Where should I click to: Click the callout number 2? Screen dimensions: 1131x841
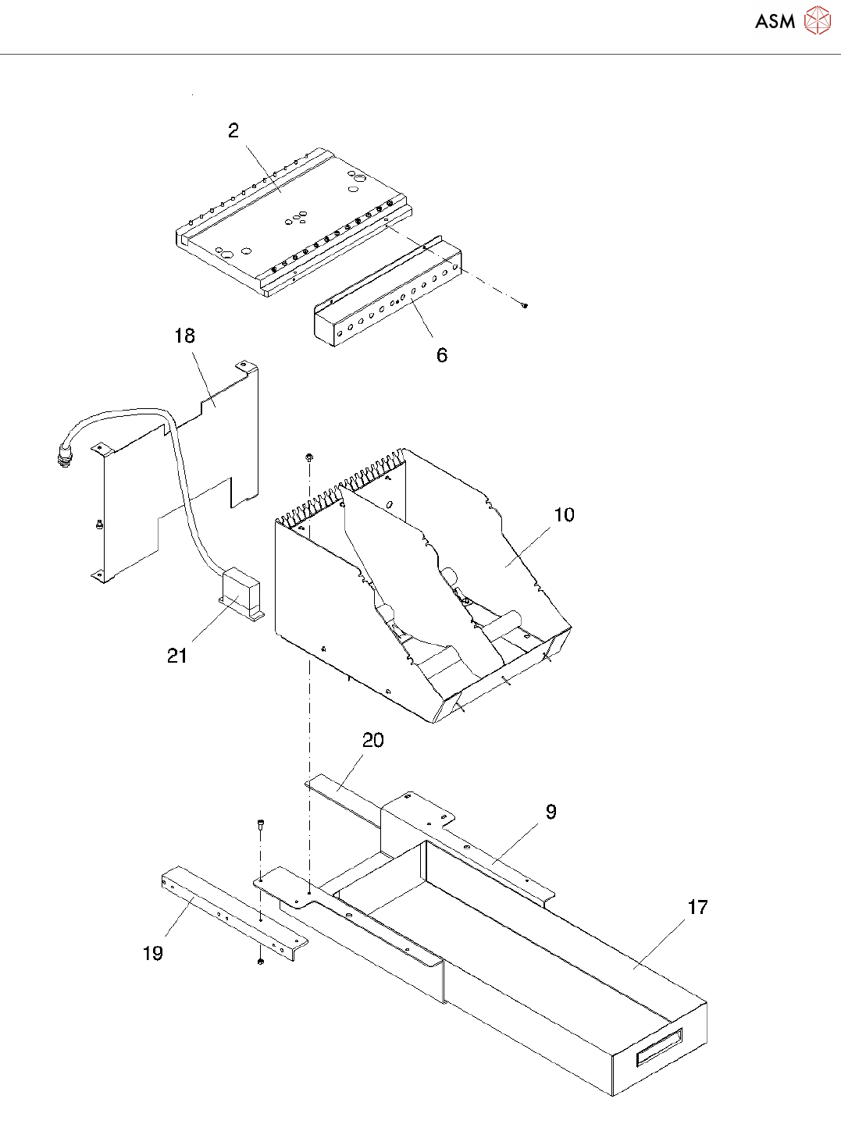pos(233,130)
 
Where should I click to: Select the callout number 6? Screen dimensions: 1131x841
pos(442,355)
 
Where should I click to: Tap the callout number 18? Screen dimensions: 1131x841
pos(184,336)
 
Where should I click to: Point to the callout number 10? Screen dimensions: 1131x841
pos(564,515)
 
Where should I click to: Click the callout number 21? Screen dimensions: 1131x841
pos(177,656)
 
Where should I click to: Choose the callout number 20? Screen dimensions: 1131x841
pos(373,740)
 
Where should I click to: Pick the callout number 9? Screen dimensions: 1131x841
pos(551,812)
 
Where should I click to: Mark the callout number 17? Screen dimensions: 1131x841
pos(697,907)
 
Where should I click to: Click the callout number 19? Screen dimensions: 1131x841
pos(153,953)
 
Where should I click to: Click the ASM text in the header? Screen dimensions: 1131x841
pos(775,22)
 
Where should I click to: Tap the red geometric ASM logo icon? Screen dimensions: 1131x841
pos(818,21)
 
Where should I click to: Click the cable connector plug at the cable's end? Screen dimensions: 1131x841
pos(63,456)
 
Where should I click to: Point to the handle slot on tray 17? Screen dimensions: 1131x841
pos(660,1046)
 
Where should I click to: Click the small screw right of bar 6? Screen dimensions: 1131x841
pos(525,305)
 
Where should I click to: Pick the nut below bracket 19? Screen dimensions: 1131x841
pos(260,960)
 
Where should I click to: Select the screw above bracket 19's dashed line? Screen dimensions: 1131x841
pos(260,823)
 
